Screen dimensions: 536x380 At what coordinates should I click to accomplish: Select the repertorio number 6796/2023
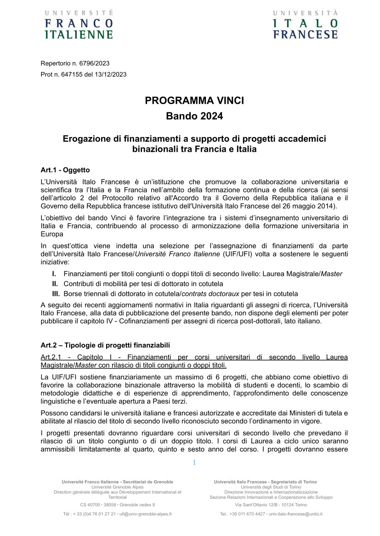pyautogui.click(x=94, y=63)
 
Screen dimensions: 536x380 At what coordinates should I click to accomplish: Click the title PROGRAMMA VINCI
pyautogui.click(x=190, y=101)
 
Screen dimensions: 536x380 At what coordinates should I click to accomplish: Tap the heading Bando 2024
pyautogui.click(x=190, y=116)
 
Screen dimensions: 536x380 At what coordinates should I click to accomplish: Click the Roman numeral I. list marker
pyautogui.click(x=54, y=274)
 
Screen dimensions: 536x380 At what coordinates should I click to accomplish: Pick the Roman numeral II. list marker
pyautogui.click(x=55, y=284)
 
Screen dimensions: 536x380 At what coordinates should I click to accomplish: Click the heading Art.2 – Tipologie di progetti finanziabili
pyautogui.click(x=105, y=345)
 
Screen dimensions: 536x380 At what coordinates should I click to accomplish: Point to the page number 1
pyautogui.click(x=194, y=463)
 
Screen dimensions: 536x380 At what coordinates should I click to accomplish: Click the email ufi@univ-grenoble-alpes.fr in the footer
pyautogui.click(x=145, y=514)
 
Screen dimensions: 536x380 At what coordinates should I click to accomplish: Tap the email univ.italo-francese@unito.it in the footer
pyautogui.click(x=295, y=514)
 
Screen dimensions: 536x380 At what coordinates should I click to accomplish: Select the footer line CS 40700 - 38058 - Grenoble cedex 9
pyautogui.click(x=117, y=504)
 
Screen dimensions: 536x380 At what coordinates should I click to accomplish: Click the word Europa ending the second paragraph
pyautogui.click(x=51, y=233)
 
